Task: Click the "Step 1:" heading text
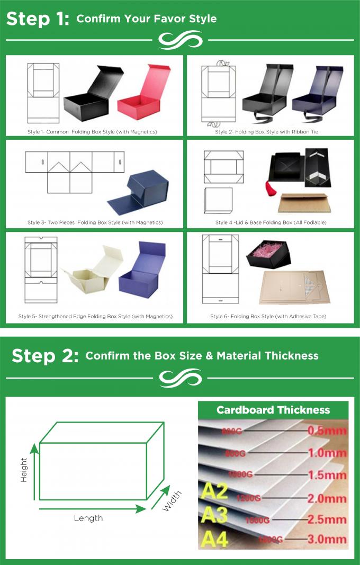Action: tap(37, 18)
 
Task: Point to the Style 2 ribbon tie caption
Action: tap(266, 131)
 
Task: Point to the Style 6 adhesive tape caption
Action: tap(268, 316)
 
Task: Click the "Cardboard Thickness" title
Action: tap(273, 410)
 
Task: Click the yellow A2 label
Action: tap(214, 491)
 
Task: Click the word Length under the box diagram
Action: tap(88, 518)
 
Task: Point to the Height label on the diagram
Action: tap(24, 470)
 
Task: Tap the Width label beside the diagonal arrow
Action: tap(172, 501)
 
